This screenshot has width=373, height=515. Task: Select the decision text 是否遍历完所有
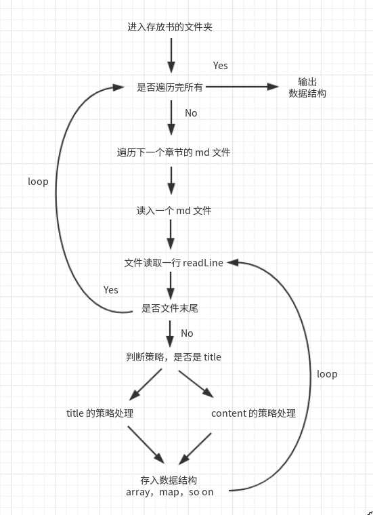coord(171,87)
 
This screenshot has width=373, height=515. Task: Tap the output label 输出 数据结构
coord(307,88)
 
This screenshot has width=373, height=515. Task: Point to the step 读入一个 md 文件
coord(174,211)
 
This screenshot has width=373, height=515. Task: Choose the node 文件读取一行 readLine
coord(174,262)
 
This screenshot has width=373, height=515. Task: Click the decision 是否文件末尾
coord(170,308)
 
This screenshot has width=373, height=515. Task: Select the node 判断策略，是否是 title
coord(174,356)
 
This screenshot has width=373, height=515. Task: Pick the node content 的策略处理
coord(253,413)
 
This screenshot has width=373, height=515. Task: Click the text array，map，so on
coord(170,492)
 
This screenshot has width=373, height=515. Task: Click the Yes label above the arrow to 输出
coord(221,66)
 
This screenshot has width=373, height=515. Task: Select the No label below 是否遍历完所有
coord(191,113)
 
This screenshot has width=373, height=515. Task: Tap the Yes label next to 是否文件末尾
coord(111,290)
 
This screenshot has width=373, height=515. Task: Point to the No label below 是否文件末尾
coord(187,333)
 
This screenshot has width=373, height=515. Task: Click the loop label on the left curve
coord(39,182)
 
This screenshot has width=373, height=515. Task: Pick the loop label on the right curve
coord(327,374)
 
